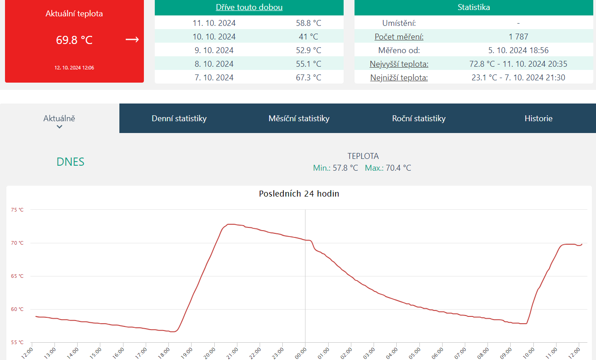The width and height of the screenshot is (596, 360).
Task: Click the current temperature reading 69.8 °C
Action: pyautogui.click(x=74, y=40)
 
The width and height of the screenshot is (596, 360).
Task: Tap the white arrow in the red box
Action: pyautogui.click(x=132, y=39)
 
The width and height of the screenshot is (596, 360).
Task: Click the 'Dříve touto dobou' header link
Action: pyautogui.click(x=249, y=7)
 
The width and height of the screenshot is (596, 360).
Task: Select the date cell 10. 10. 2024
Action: pyautogui.click(x=214, y=37)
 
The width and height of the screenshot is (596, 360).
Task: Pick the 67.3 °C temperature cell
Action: pyautogui.click(x=308, y=78)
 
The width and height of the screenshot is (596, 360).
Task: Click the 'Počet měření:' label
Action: pyautogui.click(x=399, y=37)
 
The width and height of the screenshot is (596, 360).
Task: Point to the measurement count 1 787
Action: pyautogui.click(x=518, y=37)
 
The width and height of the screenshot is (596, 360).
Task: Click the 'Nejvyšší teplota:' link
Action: pyautogui.click(x=399, y=64)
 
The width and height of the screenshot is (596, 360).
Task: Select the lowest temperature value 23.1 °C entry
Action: pyautogui.click(x=518, y=78)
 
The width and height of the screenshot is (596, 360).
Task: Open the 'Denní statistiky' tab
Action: pyautogui.click(x=179, y=118)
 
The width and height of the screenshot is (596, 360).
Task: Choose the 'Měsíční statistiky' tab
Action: pyautogui.click(x=299, y=118)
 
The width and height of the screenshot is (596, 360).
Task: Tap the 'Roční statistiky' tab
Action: pyautogui.click(x=419, y=118)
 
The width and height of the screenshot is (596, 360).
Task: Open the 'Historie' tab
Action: pyautogui.click(x=538, y=118)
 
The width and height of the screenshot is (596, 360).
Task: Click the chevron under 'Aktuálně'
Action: pyautogui.click(x=59, y=127)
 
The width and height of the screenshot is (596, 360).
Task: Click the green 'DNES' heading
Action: pyautogui.click(x=70, y=162)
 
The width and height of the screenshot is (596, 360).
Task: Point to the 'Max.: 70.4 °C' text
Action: pyautogui.click(x=388, y=168)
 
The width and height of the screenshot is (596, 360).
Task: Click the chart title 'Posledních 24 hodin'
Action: pyautogui.click(x=299, y=194)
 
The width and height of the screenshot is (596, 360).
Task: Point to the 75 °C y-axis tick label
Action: pyautogui.click(x=17, y=210)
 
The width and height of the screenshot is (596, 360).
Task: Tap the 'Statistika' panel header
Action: pyautogui.click(x=473, y=7)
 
